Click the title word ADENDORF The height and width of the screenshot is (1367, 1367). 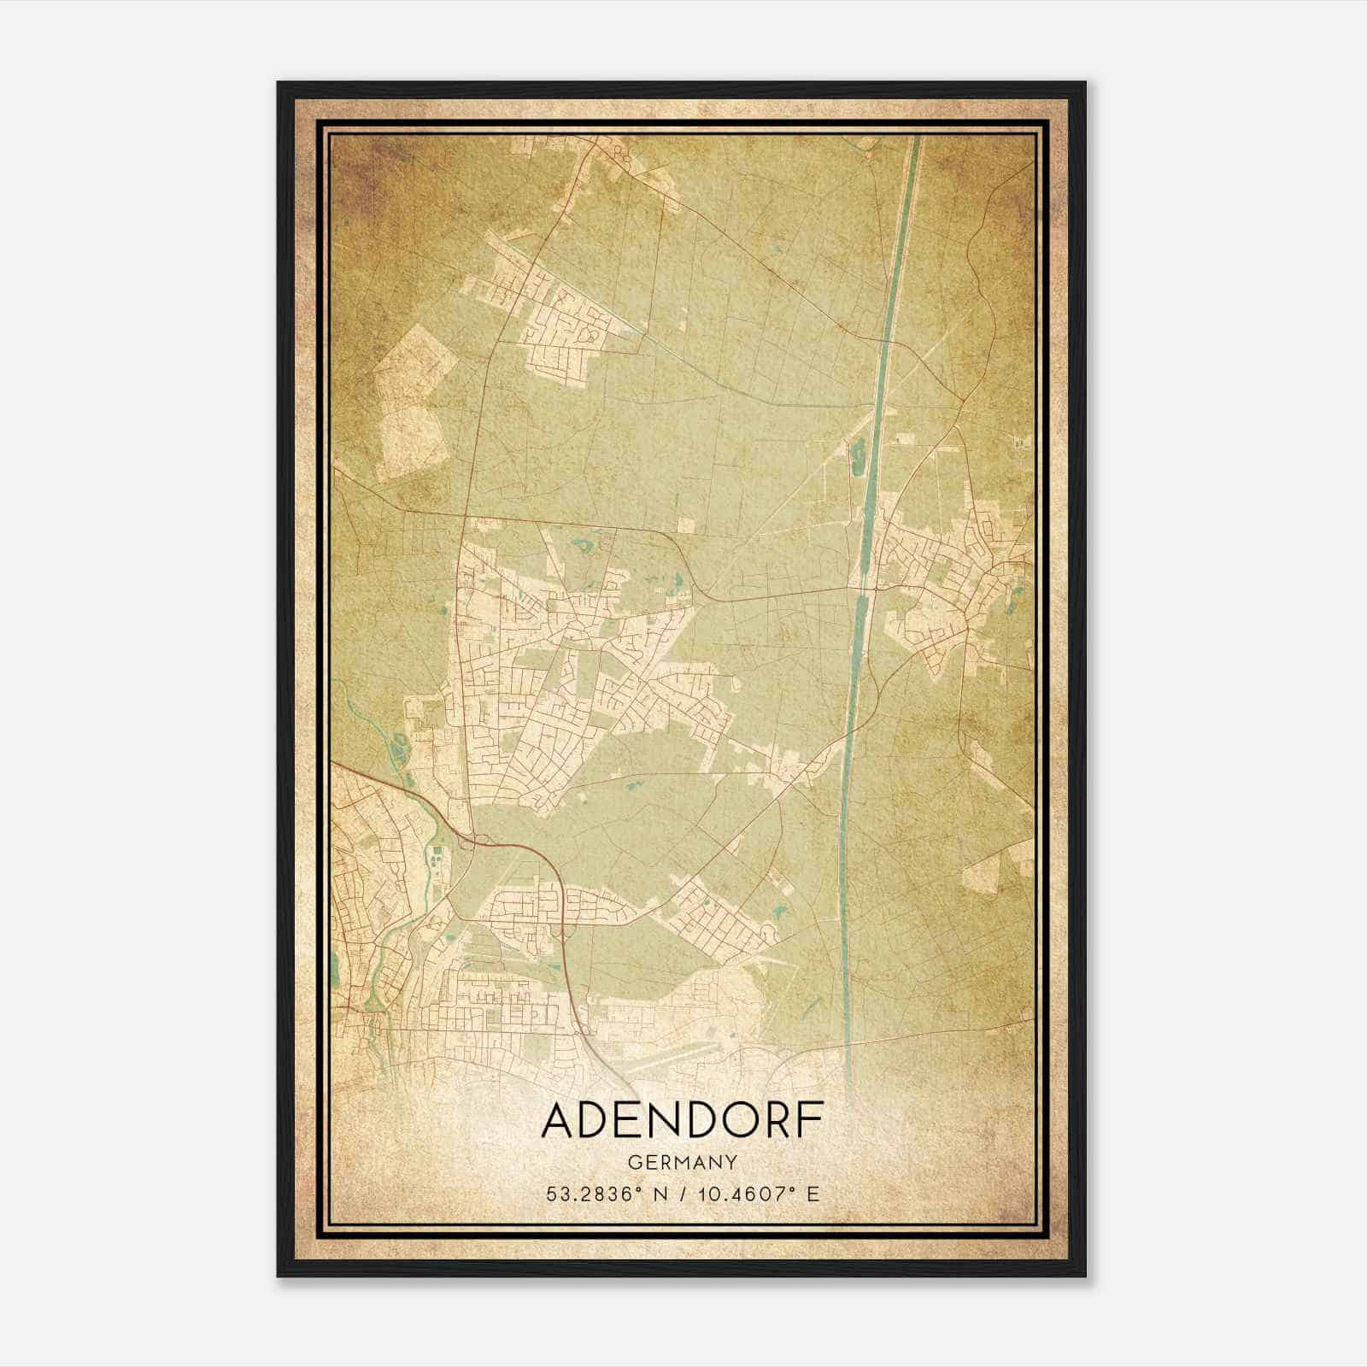coord(683,1120)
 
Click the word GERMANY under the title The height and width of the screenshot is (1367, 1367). coord(683,1162)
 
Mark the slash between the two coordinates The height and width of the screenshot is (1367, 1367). coord(682,1194)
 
